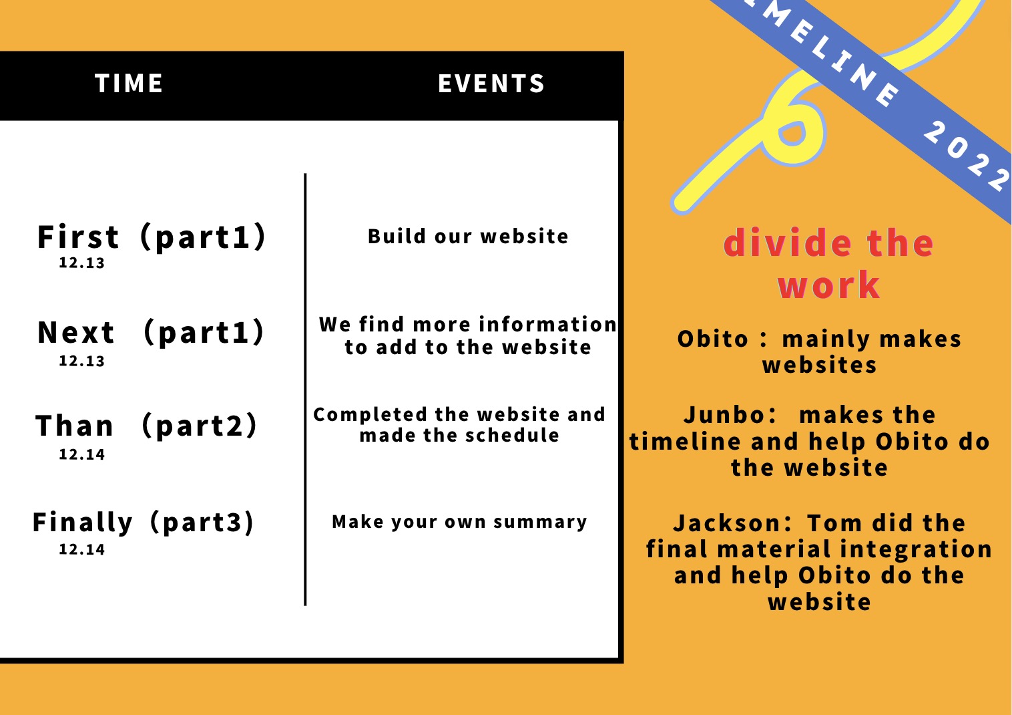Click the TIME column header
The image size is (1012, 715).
coord(129,84)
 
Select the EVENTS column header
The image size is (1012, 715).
coord(491,84)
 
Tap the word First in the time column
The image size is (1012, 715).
coord(78,237)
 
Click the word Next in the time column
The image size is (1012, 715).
coord(76,333)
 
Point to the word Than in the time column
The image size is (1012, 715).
coord(75,426)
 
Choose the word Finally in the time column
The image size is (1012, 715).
coord(83,523)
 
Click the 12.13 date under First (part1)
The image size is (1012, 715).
coord(81,263)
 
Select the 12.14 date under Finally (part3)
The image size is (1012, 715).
coord(81,549)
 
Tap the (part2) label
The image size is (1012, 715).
coord(200,426)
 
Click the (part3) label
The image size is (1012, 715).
coord(202,523)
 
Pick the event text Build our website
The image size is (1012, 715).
coord(468,237)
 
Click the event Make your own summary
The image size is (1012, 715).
coord(459,522)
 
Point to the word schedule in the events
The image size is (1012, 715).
coord(512,436)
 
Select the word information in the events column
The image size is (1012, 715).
coord(547,324)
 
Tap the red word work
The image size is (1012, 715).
coord(828,285)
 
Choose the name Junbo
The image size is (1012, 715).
coord(730,415)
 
